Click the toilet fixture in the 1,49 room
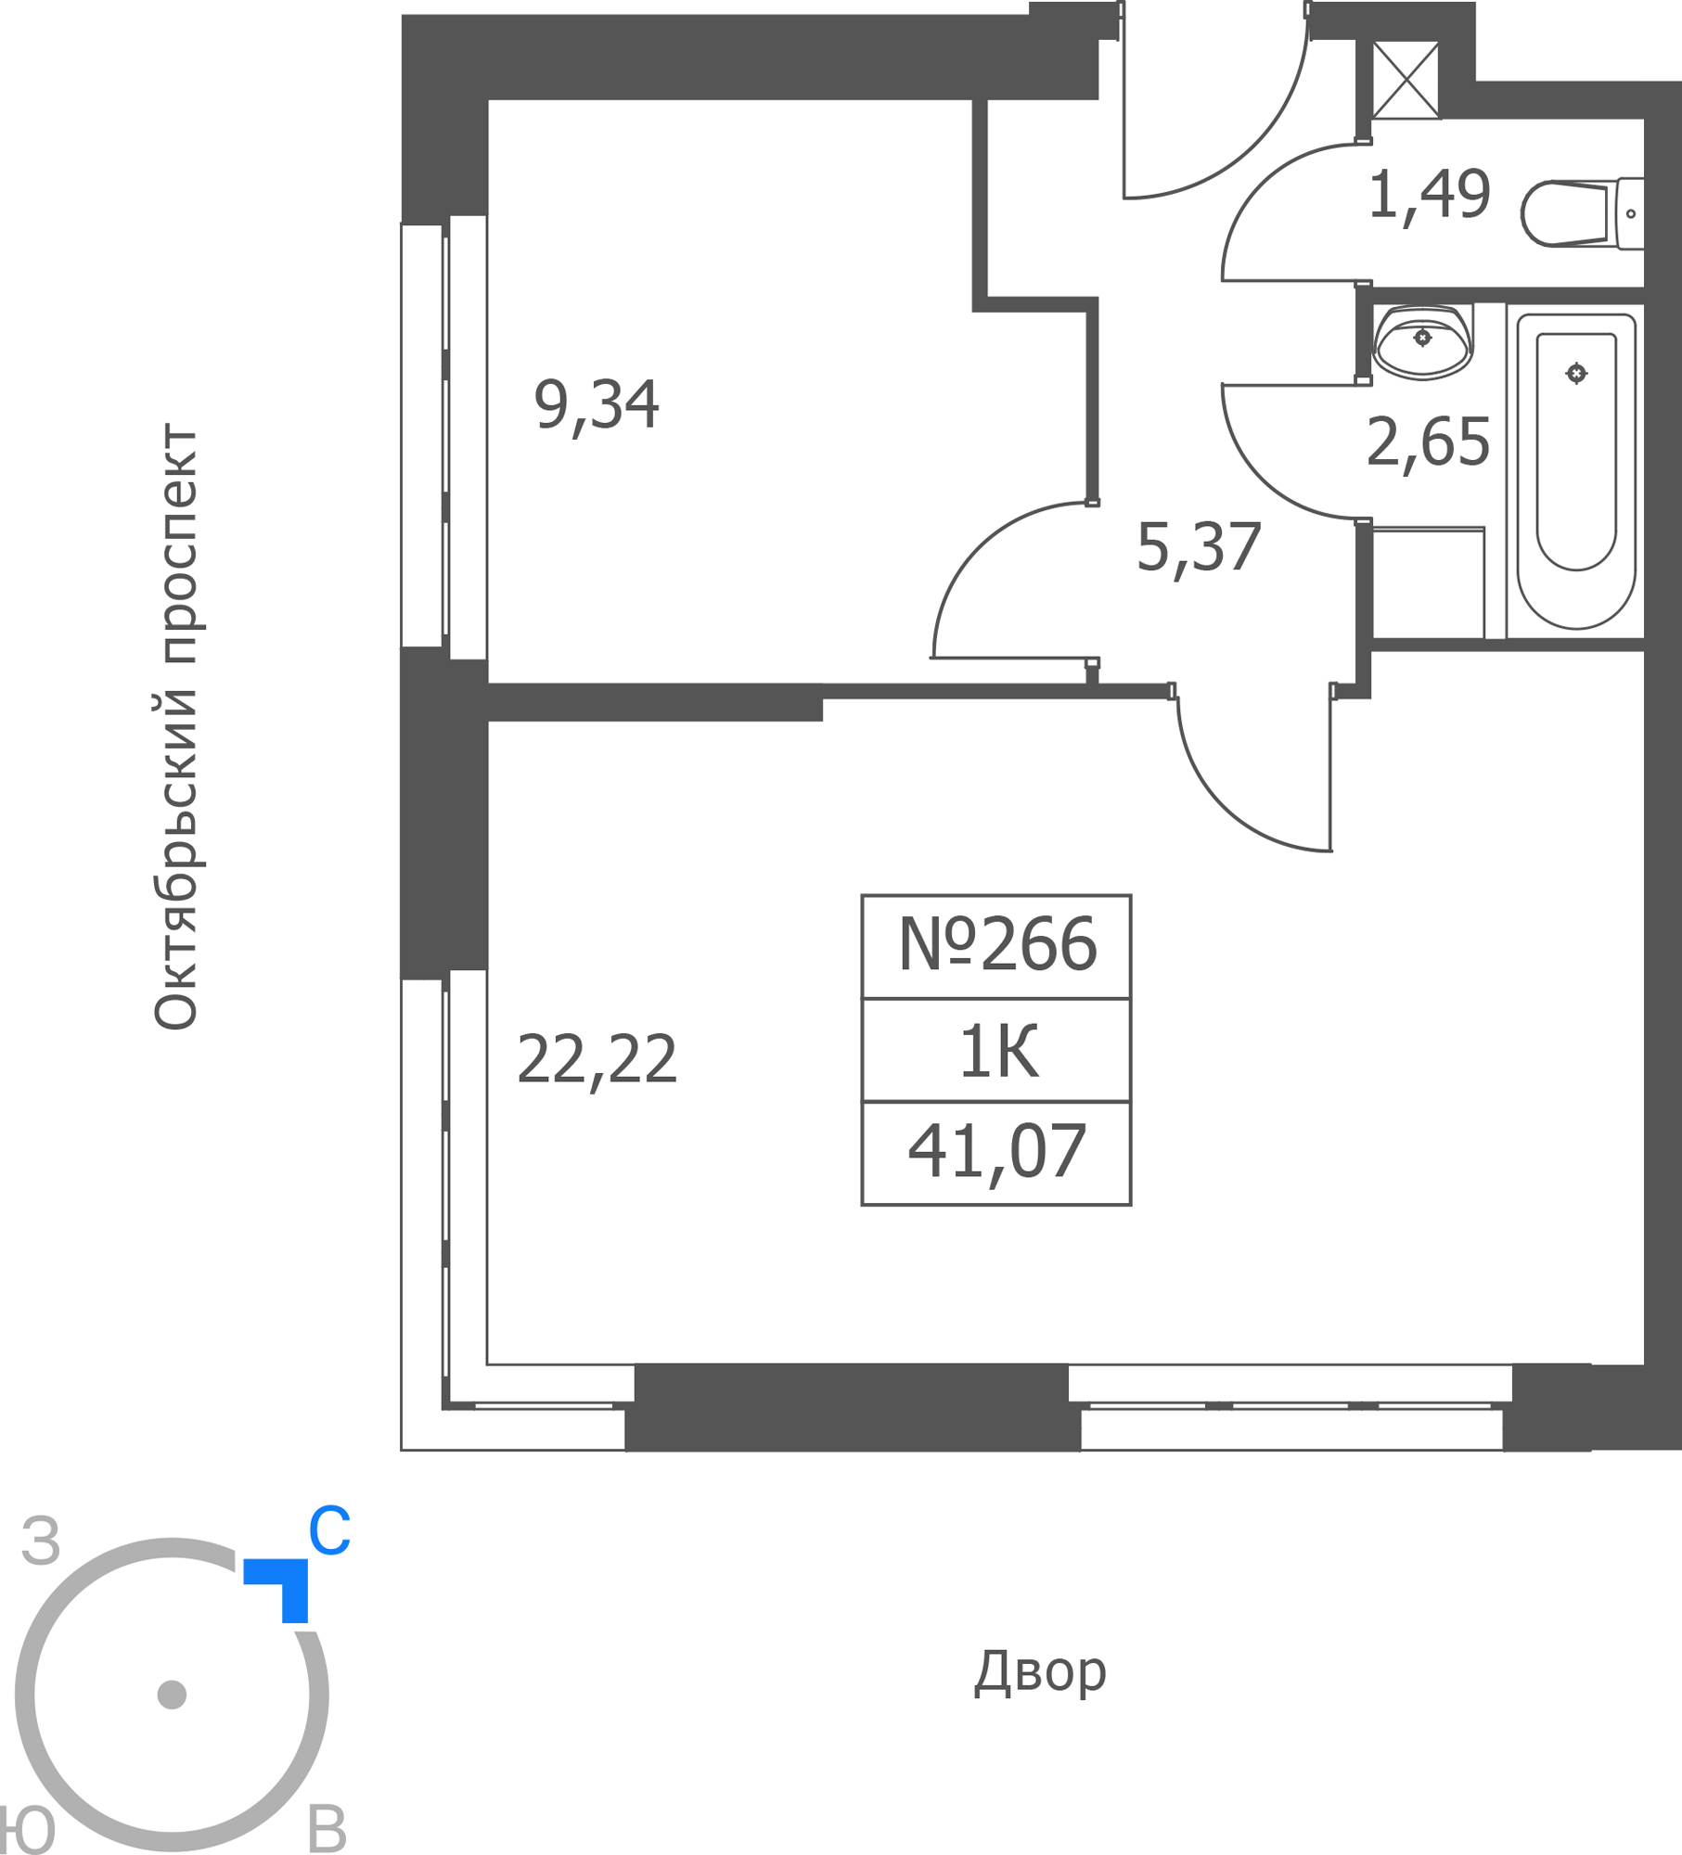(x=1583, y=213)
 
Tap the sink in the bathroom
(x=1422, y=341)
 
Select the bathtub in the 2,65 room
(x=1576, y=471)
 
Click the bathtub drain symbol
(x=1576, y=374)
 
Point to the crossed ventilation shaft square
(x=1406, y=80)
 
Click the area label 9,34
(x=597, y=406)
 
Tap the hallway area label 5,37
(x=1199, y=548)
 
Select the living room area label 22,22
(x=597, y=1060)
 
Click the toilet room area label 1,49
(x=1430, y=196)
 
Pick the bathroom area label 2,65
(x=1429, y=443)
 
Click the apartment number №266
(x=997, y=945)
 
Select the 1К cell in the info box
(x=996, y=1051)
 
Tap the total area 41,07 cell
(x=996, y=1154)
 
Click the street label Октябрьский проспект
(x=175, y=726)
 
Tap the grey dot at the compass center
(x=172, y=1695)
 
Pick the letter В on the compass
(x=327, y=1830)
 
